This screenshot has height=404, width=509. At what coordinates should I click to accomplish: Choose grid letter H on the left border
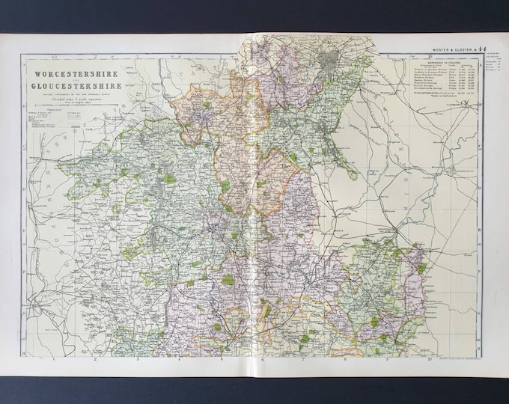point(25,352)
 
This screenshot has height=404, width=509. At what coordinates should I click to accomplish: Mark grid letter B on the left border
point(25,105)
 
